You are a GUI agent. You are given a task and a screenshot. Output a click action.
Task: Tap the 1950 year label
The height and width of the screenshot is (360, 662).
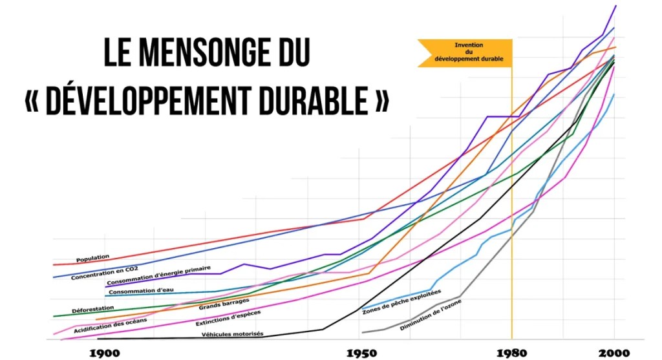358,353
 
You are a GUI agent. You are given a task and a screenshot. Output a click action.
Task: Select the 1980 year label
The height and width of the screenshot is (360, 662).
511,353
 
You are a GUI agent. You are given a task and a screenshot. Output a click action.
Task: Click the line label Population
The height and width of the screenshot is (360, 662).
92,259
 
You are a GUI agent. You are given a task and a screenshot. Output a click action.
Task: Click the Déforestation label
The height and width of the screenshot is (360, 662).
92,309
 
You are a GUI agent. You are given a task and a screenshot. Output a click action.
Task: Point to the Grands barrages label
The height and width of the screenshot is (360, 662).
224,304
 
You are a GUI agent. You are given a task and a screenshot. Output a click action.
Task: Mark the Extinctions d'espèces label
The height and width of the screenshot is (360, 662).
224,319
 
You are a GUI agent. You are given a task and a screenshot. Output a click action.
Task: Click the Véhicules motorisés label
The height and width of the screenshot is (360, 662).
232,334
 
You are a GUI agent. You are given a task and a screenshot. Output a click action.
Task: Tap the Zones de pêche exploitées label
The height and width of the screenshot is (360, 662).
401,302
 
